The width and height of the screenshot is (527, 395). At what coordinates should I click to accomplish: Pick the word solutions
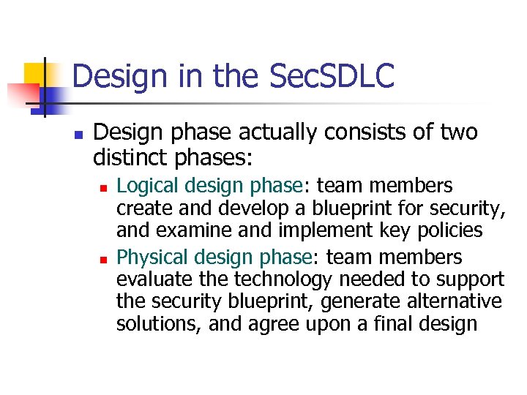157,324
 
